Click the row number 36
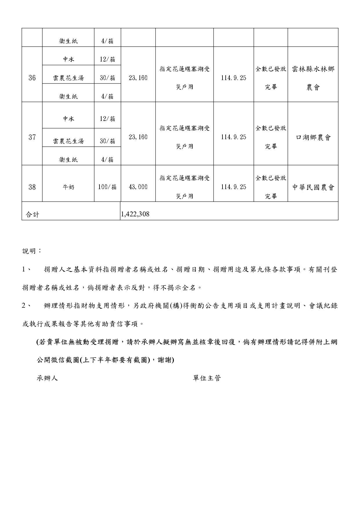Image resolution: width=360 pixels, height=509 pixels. tap(32, 78)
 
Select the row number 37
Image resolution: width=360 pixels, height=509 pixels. tap(32, 137)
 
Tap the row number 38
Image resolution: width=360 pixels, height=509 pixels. tap(32, 187)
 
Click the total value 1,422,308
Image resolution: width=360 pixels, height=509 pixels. tap(135, 214)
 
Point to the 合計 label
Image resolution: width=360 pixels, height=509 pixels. tap(32, 215)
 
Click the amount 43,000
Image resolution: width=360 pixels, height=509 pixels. tap(138, 187)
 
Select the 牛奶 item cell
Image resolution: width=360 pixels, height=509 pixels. tap(68, 187)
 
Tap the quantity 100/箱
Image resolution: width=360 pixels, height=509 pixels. tap(107, 187)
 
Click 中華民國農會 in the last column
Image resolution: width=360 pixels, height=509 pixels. tap(313, 187)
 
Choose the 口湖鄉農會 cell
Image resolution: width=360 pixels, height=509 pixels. tap(313, 137)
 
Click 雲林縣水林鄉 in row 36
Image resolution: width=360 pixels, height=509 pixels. tap(313, 69)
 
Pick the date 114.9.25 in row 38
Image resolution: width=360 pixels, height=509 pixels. tap(234, 187)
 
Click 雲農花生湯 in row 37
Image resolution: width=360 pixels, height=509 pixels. tap(68, 141)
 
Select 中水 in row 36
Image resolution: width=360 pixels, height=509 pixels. tap(68, 59)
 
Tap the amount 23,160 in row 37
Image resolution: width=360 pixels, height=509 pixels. tap(138, 137)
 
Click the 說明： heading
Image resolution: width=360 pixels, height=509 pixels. tap(32, 251)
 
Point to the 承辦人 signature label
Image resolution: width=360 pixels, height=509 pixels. tap(47, 378)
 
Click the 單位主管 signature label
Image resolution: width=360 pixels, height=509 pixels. tap(207, 378)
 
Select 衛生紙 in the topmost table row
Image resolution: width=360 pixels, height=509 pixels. tap(68, 41)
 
